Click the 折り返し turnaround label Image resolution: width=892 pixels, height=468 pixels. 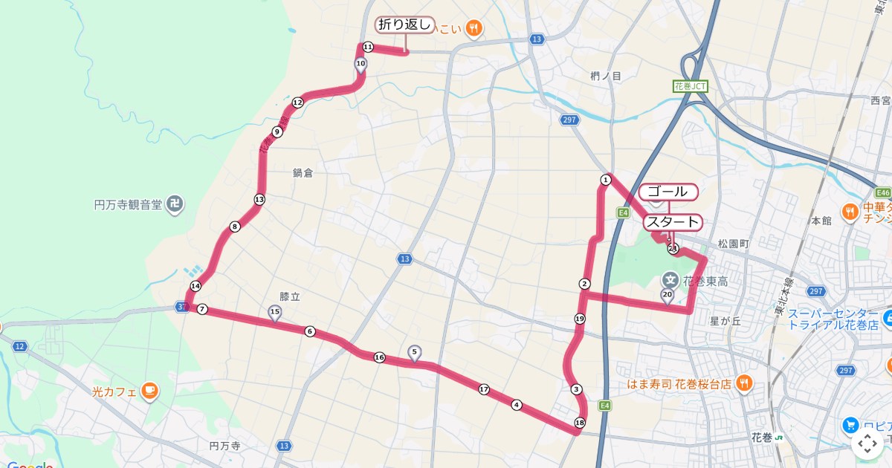[404, 25]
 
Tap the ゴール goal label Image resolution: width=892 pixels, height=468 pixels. [668, 192]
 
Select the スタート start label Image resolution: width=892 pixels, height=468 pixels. [671, 221]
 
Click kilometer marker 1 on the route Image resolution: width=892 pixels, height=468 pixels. [606, 180]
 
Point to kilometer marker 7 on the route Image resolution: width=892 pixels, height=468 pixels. [202, 309]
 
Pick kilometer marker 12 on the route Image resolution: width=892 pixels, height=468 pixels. [297, 103]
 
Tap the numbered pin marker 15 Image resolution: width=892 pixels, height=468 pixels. [275, 313]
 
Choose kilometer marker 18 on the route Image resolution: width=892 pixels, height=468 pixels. [579, 423]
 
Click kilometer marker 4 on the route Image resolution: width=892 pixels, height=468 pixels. [517, 405]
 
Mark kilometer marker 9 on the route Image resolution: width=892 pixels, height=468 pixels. [277, 132]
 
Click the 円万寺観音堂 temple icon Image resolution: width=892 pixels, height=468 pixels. [175, 204]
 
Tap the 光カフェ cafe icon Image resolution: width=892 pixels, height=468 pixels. [149, 391]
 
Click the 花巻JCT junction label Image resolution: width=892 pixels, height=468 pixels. [691, 86]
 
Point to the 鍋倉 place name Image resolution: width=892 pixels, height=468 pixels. [303, 173]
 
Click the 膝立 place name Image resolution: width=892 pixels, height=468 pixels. [289, 296]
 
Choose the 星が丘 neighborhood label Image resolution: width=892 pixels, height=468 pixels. [725, 321]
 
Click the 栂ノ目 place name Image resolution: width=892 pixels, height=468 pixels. [605, 76]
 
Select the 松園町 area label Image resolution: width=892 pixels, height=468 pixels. [734, 243]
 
